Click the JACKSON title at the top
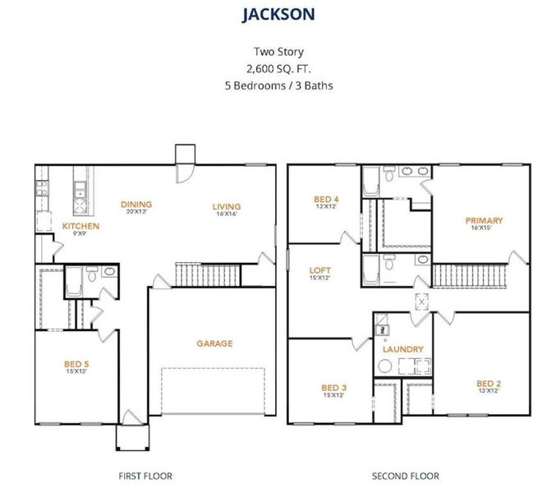pos(278,14)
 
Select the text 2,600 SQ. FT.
pos(277,69)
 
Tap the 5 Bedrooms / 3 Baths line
pos(277,85)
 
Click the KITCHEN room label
pos(80,226)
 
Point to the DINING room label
pos(136,205)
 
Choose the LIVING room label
pos(226,206)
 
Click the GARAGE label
pos(214,343)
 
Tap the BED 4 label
pos(325,199)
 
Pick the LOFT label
pos(319,270)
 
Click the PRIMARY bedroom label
pos(483,220)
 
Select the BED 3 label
pos(333,387)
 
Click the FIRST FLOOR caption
pos(146,476)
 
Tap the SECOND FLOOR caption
pos(405,476)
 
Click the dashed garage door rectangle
pos(215,395)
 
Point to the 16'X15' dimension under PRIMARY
pos(483,229)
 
